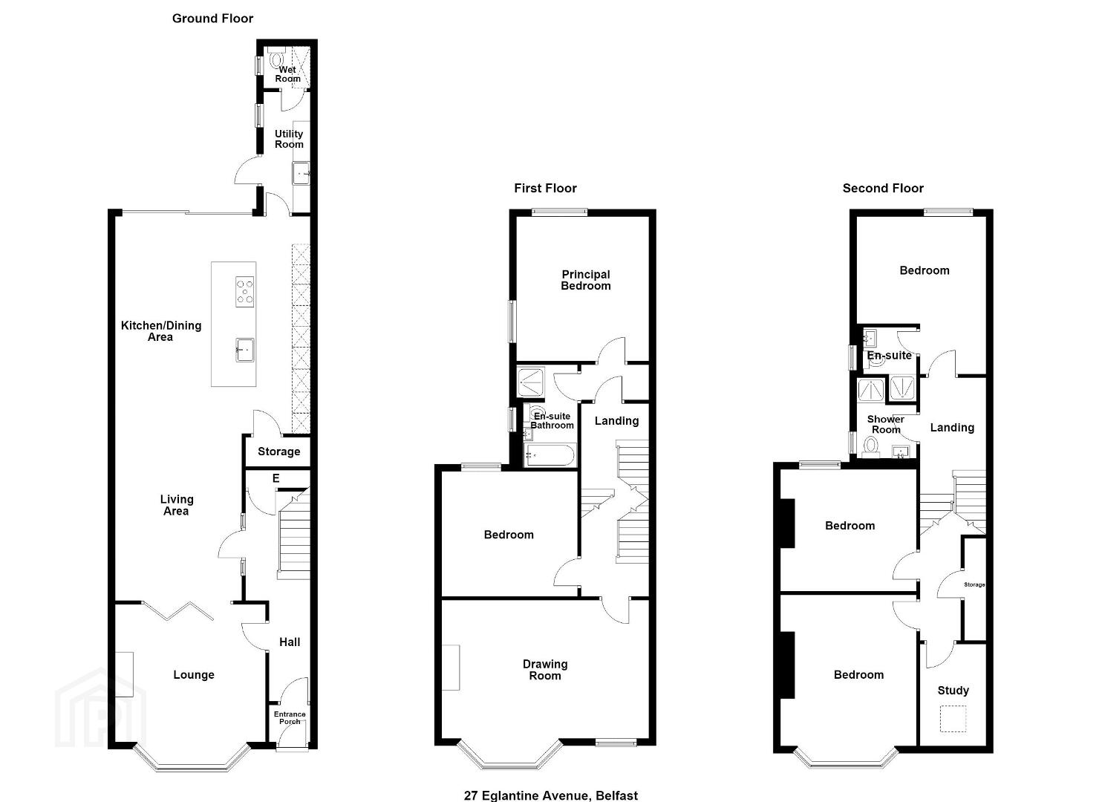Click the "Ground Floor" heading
[212, 19]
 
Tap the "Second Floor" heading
[883, 188]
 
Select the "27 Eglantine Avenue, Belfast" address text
[551, 795]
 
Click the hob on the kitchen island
[244, 293]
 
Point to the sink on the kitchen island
[244, 350]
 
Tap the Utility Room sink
[301, 173]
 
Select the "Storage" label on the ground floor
[279, 451]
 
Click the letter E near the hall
[276, 477]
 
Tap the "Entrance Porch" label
[290, 717]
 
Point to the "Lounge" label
[194, 674]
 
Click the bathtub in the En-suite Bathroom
[550, 455]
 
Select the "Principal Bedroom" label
[586, 280]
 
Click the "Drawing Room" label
[545, 670]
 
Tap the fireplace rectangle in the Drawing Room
[451, 667]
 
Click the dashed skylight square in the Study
[953, 719]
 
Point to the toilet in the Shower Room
[871, 447]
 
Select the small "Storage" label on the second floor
[974, 584]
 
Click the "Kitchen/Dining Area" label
[161, 331]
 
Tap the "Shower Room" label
[885, 424]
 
